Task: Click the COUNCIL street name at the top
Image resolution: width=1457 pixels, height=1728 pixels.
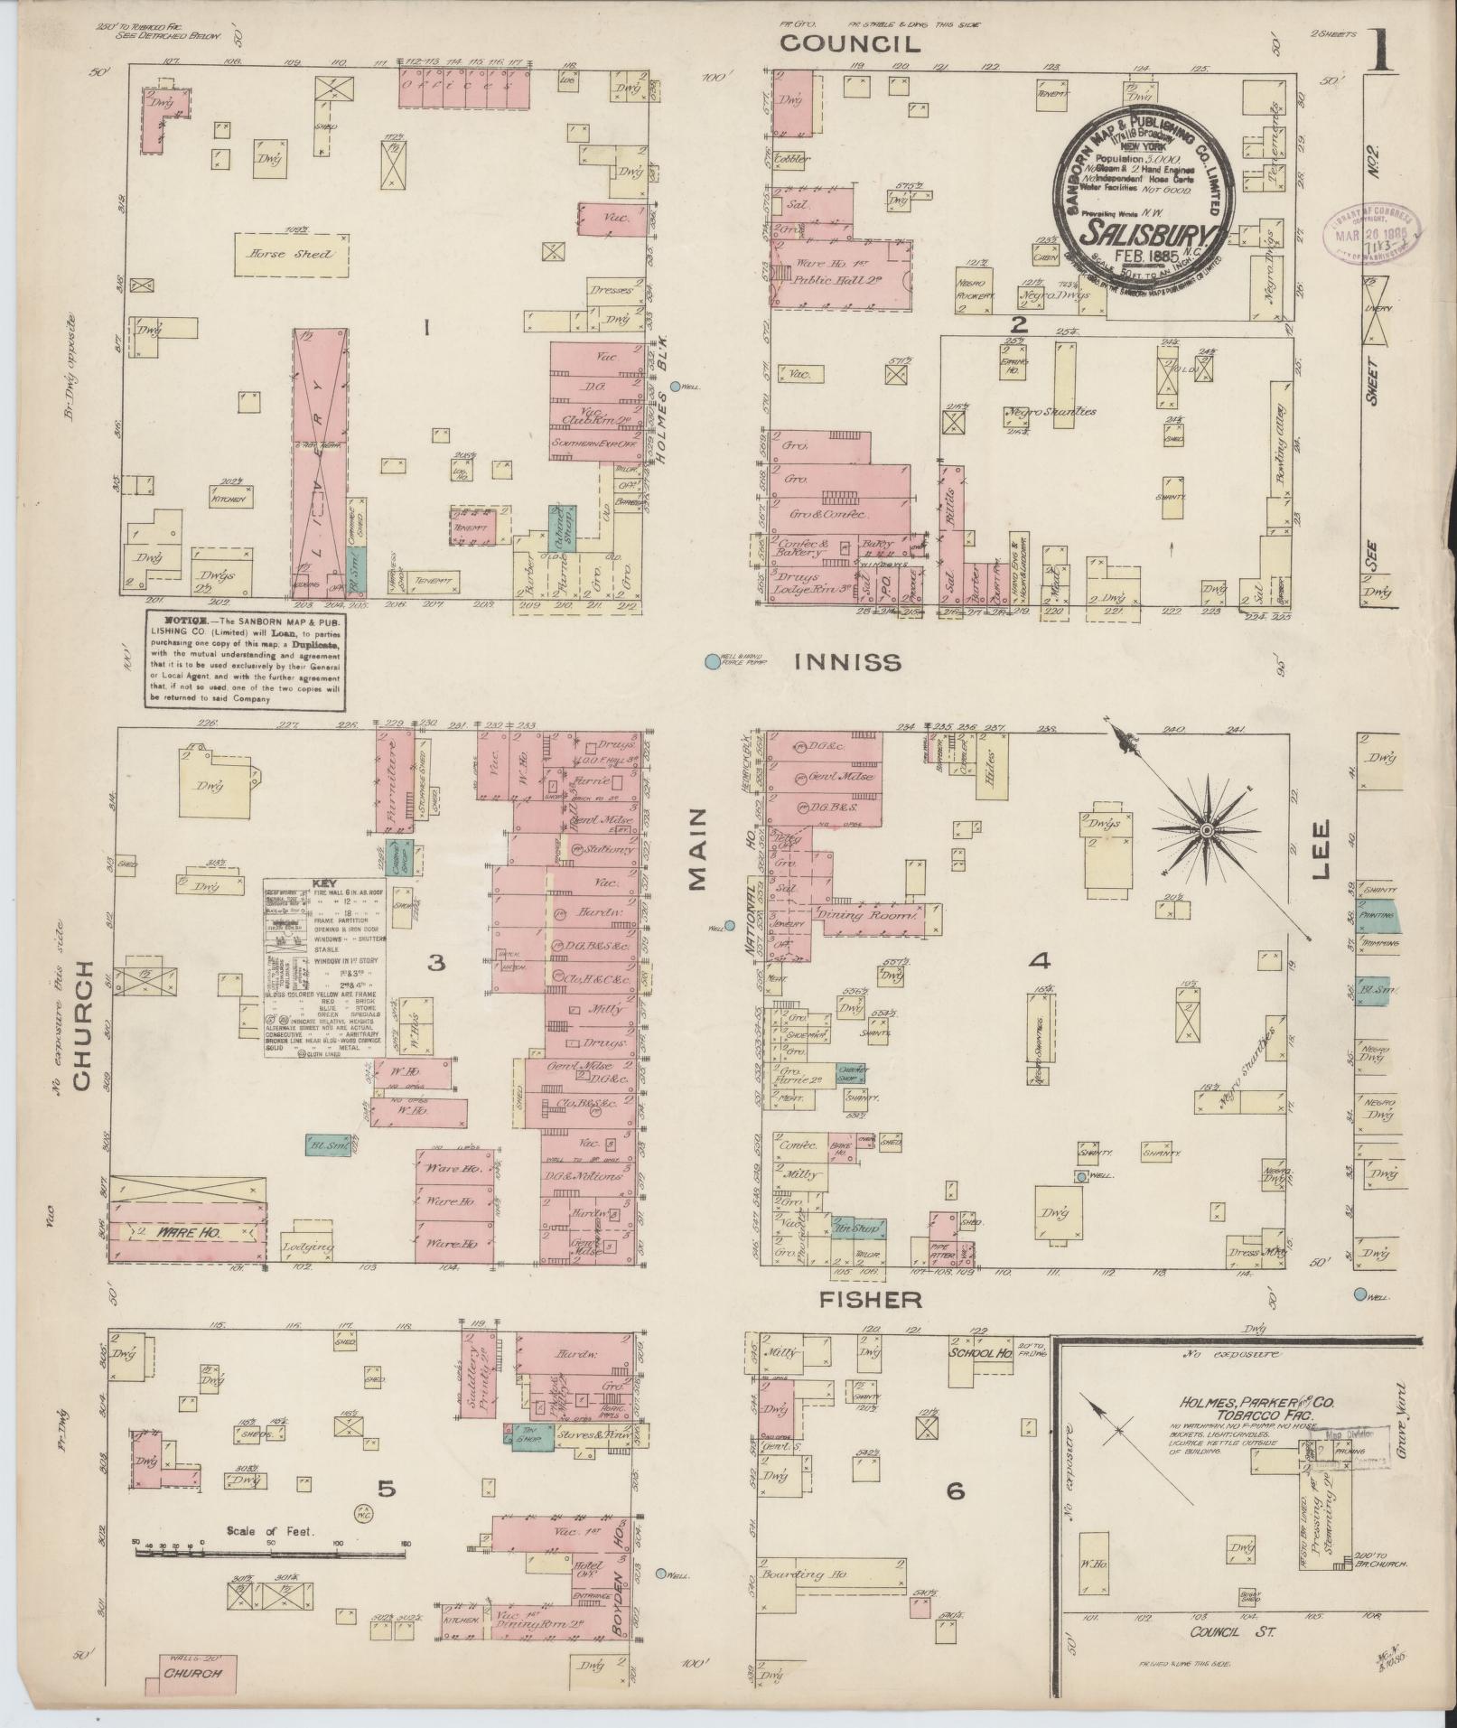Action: tap(850, 44)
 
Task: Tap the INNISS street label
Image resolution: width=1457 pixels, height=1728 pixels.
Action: tap(847, 663)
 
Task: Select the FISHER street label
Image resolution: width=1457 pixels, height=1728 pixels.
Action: tap(871, 1299)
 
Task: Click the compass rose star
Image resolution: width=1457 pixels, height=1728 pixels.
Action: tap(1207, 829)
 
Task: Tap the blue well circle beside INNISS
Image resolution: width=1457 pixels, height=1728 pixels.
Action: tap(712, 662)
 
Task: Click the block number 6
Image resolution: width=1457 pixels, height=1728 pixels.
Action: tap(955, 1491)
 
